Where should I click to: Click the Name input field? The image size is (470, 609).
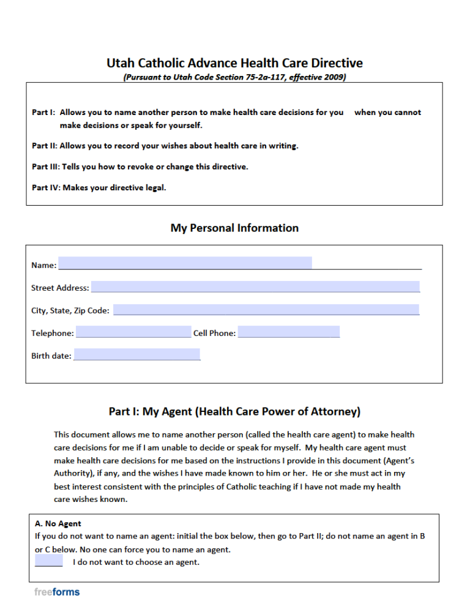(x=185, y=263)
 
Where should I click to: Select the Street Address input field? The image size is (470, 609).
(x=255, y=286)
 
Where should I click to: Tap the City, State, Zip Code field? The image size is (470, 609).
(x=266, y=310)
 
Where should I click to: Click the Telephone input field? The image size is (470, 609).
(x=133, y=332)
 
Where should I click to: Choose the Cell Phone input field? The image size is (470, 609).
(x=288, y=332)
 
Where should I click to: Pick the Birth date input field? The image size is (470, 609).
(x=136, y=354)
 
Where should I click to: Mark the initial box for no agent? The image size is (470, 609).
(x=49, y=561)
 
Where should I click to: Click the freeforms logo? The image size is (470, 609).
(x=57, y=592)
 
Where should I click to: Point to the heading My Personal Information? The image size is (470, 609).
(x=234, y=228)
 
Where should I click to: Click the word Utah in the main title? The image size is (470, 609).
(x=121, y=63)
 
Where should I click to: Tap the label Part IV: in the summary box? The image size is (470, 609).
(x=45, y=188)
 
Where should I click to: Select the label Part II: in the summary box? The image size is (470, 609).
(x=44, y=146)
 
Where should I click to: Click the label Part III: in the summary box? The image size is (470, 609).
(x=45, y=166)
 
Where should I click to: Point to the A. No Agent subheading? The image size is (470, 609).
(x=58, y=523)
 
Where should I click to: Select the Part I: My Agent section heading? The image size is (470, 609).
(x=234, y=411)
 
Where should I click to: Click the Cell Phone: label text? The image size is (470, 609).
(x=214, y=334)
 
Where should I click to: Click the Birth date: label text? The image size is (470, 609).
(x=51, y=356)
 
